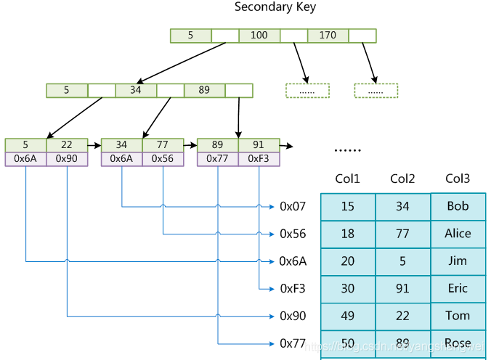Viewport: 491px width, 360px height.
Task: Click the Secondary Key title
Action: coord(275,7)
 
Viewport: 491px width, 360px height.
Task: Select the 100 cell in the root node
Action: coord(259,35)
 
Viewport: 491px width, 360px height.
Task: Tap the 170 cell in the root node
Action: coord(328,35)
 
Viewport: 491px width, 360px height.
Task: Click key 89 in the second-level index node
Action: coord(204,91)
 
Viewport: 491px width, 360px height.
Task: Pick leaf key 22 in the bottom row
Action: coord(66,145)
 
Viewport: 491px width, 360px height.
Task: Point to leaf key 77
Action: coord(163,145)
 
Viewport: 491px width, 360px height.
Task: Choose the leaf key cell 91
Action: coord(259,145)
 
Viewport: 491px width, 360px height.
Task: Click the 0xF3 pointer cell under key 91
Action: coord(259,159)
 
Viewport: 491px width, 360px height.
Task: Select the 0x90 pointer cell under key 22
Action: coord(66,159)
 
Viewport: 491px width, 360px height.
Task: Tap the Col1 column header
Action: coord(347,179)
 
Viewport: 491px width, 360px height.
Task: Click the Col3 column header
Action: coord(458,179)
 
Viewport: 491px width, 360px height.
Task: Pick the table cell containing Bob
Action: coord(458,206)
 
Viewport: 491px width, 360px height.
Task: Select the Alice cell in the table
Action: coord(458,234)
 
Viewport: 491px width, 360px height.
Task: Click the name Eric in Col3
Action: coord(458,288)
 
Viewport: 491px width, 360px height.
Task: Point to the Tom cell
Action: coord(458,316)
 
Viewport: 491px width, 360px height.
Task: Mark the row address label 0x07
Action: coord(293,207)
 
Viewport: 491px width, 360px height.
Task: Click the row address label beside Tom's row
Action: coord(293,316)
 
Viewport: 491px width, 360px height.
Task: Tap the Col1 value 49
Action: coord(347,316)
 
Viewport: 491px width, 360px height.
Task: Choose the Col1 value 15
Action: coord(347,207)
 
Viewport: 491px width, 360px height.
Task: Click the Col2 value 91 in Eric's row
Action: coord(402,288)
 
